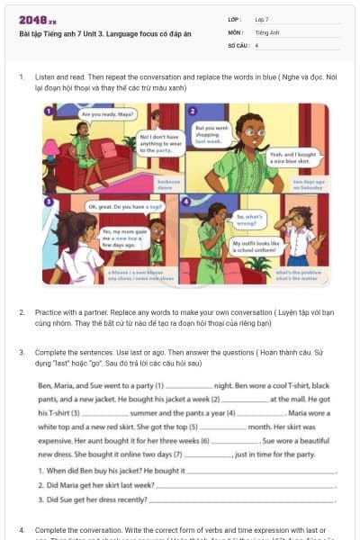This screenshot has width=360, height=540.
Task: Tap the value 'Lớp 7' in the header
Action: tap(262, 19)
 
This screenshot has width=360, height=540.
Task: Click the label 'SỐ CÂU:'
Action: tap(238, 44)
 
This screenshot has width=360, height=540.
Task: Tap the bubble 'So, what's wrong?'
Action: tap(249, 219)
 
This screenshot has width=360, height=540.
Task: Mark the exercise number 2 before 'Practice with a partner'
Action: tap(22, 312)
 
